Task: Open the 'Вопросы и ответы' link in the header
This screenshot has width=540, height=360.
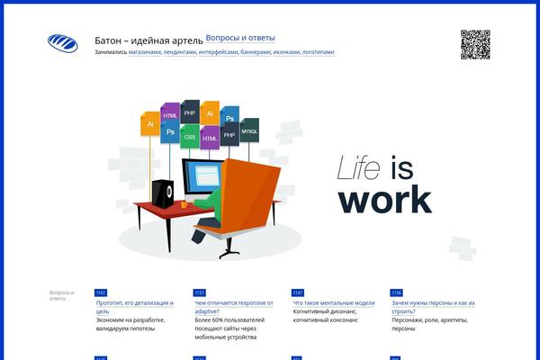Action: coord(240,38)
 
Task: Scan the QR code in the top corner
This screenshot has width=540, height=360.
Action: coord(475,44)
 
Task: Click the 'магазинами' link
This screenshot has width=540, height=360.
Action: coord(145,52)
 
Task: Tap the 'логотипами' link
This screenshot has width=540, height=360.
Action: coord(318,52)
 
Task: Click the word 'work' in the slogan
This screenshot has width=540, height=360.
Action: coord(384,199)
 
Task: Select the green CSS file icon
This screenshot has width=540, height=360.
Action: coord(189,136)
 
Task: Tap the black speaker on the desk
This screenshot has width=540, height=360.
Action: coord(164,192)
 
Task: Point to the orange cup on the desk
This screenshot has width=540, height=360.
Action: coord(184,203)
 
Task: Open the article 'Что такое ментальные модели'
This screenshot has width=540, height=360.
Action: coord(334,303)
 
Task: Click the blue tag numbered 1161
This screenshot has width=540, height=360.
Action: coord(100,292)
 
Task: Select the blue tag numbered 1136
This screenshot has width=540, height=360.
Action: coord(396,292)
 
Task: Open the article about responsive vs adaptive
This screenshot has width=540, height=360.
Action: coord(234,303)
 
